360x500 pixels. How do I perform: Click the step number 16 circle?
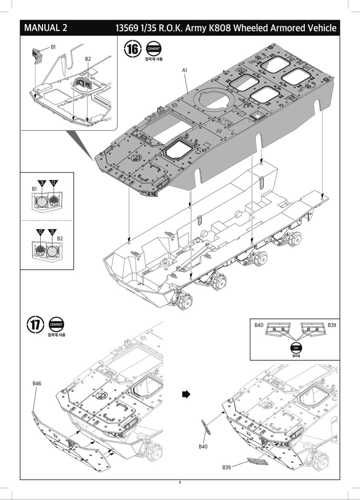pyautogui.click(x=133, y=49)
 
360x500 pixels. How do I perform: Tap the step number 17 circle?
pyautogui.click(x=36, y=325)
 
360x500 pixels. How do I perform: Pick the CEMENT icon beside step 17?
pyautogui.click(x=56, y=325)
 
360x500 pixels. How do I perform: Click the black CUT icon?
pyautogui.click(x=296, y=347)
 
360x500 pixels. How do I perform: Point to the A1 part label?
pyautogui.click(x=185, y=70)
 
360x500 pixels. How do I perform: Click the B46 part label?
pyautogui.click(x=37, y=383)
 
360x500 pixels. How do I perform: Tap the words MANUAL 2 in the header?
pyautogui.click(x=46, y=28)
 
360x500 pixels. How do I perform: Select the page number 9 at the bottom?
pyautogui.click(x=180, y=482)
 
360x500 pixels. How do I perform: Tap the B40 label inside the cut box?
pyautogui.click(x=259, y=325)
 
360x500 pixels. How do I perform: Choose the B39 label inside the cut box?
pyautogui.click(x=332, y=325)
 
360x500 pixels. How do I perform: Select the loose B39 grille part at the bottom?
pyautogui.click(x=258, y=462)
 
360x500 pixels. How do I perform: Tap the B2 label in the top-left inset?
pyautogui.click(x=88, y=59)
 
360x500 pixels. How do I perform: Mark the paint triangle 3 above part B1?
pyautogui.click(x=40, y=183)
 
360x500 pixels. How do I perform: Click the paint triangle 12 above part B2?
pyautogui.click(x=40, y=232)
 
